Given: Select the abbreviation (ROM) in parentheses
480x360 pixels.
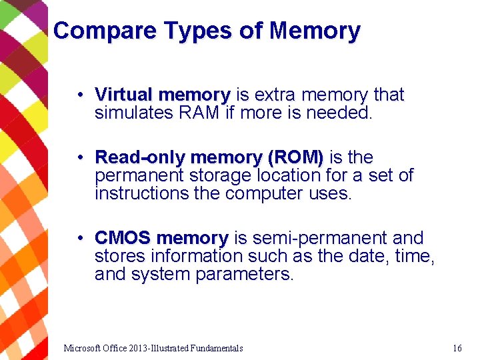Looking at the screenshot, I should pos(295,158).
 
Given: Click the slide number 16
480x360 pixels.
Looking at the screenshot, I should pos(457,348).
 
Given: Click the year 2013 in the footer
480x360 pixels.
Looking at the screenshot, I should pos(138,348).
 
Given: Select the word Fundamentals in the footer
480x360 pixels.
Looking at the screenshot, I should pos(217,348).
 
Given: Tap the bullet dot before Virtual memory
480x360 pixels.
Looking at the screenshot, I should pos(79,95).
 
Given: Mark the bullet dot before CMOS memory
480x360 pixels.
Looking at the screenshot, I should pos(79,238).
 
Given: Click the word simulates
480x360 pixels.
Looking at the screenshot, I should pos(134,113).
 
